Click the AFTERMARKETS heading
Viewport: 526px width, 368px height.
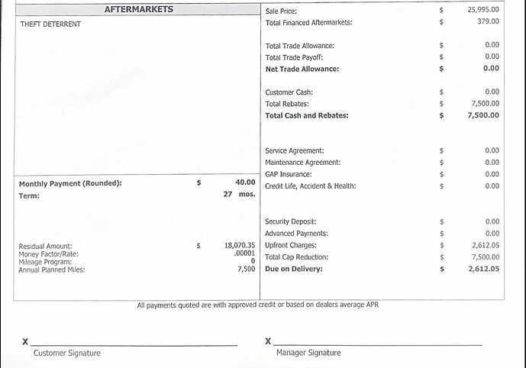pos(138,10)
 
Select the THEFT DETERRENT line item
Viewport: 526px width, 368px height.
pos(50,24)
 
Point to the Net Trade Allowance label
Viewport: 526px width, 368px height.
pos(302,69)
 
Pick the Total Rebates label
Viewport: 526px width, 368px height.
pos(289,104)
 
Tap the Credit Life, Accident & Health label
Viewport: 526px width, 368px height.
pos(310,186)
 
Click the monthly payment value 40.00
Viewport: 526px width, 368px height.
pos(244,182)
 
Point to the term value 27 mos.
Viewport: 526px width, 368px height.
pos(239,195)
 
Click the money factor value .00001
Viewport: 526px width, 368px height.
pos(244,253)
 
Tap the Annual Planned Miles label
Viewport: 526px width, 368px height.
pos(52,270)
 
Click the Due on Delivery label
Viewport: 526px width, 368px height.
pos(294,269)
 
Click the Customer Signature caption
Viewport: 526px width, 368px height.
pos(66,353)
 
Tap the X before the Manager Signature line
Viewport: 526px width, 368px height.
pos(268,341)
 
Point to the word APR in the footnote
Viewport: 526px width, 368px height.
pos(372,305)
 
